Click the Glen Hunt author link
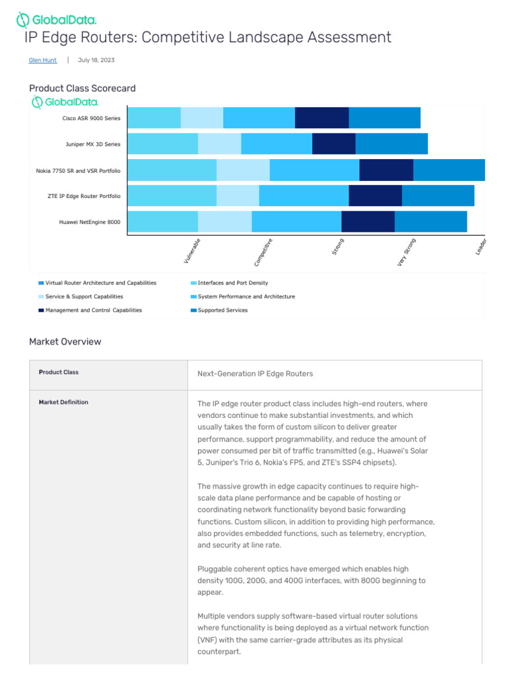(x=43, y=60)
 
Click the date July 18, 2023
(x=96, y=60)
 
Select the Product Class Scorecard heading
(x=83, y=88)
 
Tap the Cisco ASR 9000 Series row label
(x=91, y=118)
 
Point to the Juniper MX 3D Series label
(x=92, y=144)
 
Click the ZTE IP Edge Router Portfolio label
(x=84, y=196)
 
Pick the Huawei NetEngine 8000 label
(x=90, y=222)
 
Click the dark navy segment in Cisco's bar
(x=321, y=118)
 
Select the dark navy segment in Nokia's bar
(x=386, y=170)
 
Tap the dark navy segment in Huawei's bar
(x=368, y=222)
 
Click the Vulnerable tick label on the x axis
(x=192, y=252)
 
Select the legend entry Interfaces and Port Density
(x=233, y=283)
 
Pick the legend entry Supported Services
(x=222, y=310)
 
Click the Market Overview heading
(x=65, y=342)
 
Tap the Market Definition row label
(x=63, y=402)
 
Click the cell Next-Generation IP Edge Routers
(x=255, y=374)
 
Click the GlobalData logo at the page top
(x=56, y=20)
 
